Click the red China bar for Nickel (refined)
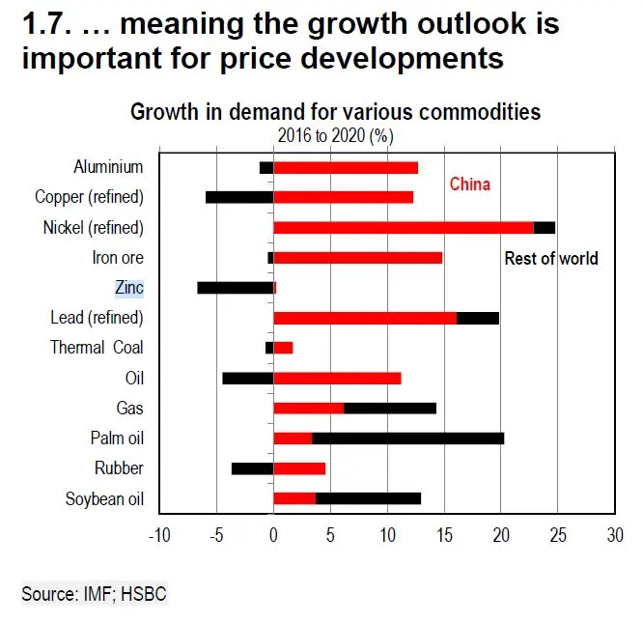(403, 228)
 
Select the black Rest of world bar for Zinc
(236, 288)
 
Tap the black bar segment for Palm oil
(407, 439)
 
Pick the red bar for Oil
(336, 378)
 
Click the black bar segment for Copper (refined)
(239, 197)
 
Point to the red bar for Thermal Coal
(283, 348)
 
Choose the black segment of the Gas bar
(390, 408)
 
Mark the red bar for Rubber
(299, 468)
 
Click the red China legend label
(469, 184)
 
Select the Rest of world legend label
(551, 258)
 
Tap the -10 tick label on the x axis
(159, 534)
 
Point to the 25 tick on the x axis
(557, 534)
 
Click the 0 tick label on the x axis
(273, 534)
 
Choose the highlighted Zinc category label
(128, 288)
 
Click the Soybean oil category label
(104, 499)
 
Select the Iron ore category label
(118, 258)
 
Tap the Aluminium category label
(108, 167)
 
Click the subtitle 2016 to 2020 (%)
(335, 135)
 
